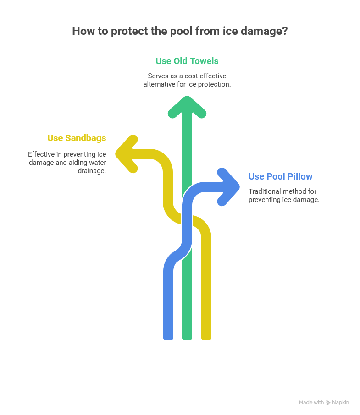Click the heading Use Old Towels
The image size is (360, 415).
pos(187,61)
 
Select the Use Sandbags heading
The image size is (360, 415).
pos(77,138)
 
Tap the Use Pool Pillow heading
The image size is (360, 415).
pos(280,176)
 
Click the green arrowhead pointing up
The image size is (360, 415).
pos(187,107)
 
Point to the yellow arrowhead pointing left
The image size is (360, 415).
pos(127,154)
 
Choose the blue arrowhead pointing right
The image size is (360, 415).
pos(228,187)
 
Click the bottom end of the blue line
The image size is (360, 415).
pos(168,339)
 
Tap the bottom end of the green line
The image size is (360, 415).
pos(187,339)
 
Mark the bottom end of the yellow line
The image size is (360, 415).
pos(206,339)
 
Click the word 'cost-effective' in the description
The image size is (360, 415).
pos(205,76)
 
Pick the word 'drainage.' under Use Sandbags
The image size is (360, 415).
pos(92,171)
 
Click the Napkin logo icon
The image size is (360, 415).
pos(328,403)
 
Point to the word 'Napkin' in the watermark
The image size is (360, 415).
pos(340,402)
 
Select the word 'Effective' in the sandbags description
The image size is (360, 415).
pos(41,154)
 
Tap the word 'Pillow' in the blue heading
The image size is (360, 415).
pos(300,176)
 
